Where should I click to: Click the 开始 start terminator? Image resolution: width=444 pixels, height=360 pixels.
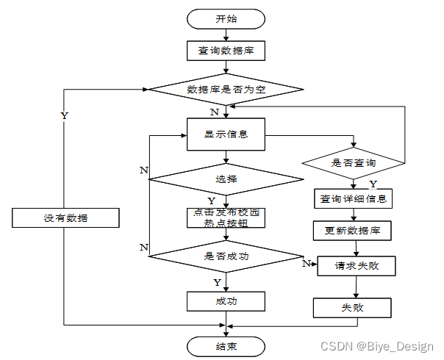[226, 18]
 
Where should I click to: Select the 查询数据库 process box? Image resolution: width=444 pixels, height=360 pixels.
[226, 51]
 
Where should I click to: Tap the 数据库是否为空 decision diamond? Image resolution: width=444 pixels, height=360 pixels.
[226, 89]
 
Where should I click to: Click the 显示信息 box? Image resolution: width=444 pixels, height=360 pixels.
[226, 134]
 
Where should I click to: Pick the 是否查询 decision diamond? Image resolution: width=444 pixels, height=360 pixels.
[354, 162]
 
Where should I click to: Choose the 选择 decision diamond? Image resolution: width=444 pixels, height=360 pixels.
[226, 179]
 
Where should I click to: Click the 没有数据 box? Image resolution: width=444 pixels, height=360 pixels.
[65, 218]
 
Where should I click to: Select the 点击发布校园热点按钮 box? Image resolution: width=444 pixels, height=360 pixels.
[226, 218]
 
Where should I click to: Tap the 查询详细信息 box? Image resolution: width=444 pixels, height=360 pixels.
[354, 198]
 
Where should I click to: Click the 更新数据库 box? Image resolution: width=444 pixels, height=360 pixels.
[354, 230]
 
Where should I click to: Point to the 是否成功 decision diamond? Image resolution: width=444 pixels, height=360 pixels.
[226, 256]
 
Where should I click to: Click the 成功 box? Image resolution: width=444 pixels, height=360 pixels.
[226, 300]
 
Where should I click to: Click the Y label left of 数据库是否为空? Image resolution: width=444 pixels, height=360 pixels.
[64, 116]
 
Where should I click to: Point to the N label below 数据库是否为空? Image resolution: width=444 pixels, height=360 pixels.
[214, 112]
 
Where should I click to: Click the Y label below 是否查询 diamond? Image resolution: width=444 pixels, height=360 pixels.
[373, 184]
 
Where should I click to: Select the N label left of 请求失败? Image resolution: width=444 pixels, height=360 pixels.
[307, 262]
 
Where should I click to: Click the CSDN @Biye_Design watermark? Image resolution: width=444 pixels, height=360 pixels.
[377, 345]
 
